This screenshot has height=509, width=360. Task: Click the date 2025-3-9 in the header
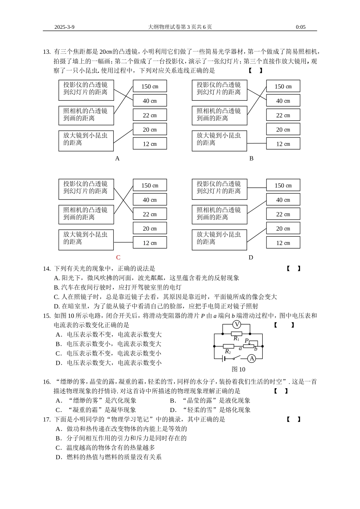(64, 27)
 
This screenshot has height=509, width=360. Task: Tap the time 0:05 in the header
(301, 27)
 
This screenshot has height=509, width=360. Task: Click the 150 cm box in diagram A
(150, 86)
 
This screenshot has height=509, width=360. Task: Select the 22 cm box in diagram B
(283, 115)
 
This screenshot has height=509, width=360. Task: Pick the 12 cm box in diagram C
(150, 243)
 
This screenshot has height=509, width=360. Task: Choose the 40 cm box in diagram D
(283, 200)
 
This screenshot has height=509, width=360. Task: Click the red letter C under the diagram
(118, 258)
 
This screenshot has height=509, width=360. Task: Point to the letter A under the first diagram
(117, 158)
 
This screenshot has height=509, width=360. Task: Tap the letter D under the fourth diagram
(251, 258)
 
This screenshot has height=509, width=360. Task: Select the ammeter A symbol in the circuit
(252, 358)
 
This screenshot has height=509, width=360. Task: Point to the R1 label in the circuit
(236, 339)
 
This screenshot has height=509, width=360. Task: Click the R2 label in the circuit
(228, 352)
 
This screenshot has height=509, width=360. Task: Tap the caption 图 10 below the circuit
(238, 369)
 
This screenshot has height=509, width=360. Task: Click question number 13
(47, 52)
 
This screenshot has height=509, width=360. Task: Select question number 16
(47, 382)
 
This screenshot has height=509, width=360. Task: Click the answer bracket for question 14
(293, 269)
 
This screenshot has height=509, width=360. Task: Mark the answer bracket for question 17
(293, 419)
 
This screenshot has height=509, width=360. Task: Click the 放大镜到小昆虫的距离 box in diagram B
(219, 141)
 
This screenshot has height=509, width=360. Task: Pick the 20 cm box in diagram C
(150, 228)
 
